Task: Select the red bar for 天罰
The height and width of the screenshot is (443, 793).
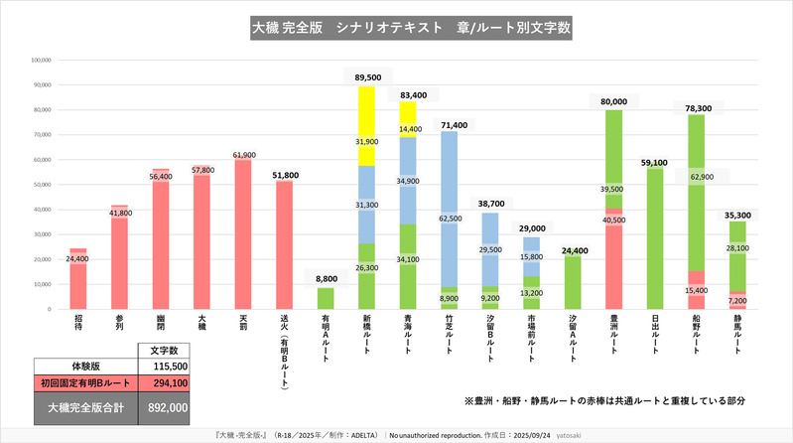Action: (x=242, y=238)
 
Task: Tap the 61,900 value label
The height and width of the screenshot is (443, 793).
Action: (x=244, y=156)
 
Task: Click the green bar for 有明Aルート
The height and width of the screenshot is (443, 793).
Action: (x=326, y=298)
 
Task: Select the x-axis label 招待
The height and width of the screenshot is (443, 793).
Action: (x=78, y=325)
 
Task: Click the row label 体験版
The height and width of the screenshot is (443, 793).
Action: (x=85, y=367)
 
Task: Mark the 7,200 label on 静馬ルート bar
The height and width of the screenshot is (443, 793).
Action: (x=737, y=300)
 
